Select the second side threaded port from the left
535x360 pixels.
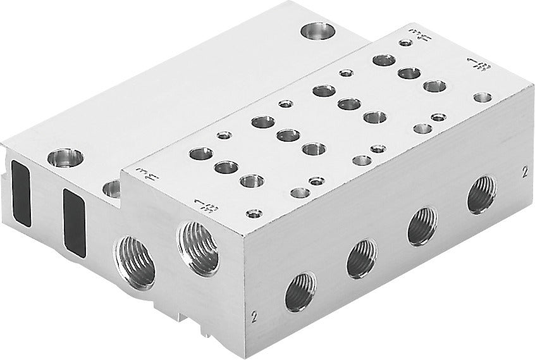(361, 258)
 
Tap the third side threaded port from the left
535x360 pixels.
(422, 226)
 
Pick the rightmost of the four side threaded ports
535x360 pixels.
(481, 194)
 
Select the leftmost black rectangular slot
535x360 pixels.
(18, 192)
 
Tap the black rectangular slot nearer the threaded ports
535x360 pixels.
(74, 221)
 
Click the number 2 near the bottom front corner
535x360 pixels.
(253, 314)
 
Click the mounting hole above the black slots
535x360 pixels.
(66, 157)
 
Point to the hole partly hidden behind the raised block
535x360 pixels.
(112, 188)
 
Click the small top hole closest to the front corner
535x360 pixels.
(254, 213)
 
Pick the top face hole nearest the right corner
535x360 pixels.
(483, 97)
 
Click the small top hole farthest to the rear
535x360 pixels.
(405, 43)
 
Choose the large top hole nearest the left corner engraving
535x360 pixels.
(201, 153)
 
